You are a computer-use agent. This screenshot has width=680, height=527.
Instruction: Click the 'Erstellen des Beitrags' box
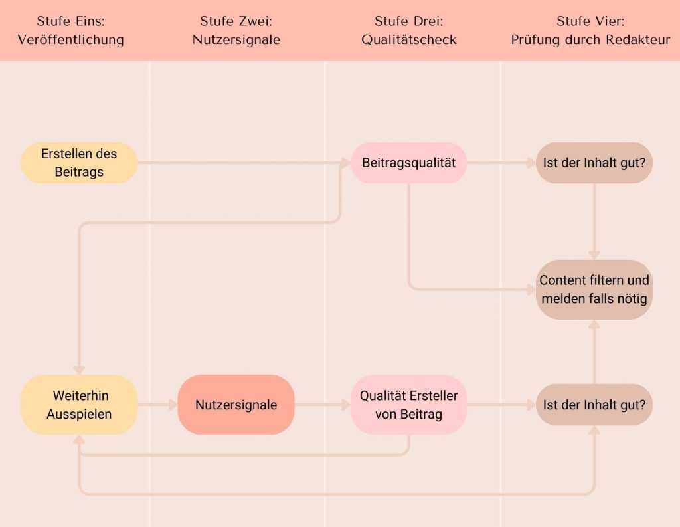(x=80, y=163)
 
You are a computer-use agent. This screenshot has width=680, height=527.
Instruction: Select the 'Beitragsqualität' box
(x=408, y=163)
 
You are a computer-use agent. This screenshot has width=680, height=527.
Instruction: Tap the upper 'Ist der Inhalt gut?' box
(x=594, y=163)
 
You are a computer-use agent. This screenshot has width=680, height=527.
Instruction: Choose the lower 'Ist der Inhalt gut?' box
(x=594, y=405)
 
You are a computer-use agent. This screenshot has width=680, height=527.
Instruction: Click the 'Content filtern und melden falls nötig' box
(x=594, y=290)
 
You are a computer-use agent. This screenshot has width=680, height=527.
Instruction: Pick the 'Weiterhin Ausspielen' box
(x=80, y=405)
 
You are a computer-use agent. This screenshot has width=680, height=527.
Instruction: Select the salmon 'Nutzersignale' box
(x=236, y=405)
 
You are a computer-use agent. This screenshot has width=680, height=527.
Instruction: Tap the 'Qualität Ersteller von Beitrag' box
(x=408, y=405)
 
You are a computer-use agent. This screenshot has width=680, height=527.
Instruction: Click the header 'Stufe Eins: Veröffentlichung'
(x=70, y=31)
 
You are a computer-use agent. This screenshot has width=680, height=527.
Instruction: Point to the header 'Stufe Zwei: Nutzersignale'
(x=236, y=31)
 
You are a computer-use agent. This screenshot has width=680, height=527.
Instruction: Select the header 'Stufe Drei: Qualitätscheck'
(x=409, y=31)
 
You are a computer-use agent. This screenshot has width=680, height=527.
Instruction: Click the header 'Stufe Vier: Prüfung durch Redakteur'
(x=590, y=31)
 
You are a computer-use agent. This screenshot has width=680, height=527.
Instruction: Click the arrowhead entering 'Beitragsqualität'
(x=345, y=163)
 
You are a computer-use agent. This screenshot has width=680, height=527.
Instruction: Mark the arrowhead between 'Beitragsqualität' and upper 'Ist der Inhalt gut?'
(x=531, y=163)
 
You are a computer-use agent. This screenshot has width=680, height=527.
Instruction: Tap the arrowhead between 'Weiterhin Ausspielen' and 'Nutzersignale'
(x=173, y=405)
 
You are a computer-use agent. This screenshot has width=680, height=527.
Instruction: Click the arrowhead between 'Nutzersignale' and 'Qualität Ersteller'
(x=345, y=405)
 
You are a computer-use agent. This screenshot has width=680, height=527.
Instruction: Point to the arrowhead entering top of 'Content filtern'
(x=594, y=255)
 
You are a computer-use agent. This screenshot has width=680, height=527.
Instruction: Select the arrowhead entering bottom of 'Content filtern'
(x=594, y=324)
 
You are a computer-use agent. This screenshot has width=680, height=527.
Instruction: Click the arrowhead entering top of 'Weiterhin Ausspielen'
(x=80, y=370)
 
